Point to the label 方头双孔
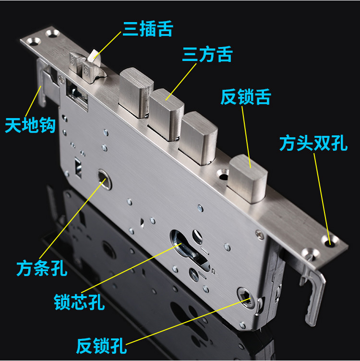314,143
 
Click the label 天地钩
30,126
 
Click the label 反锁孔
100,345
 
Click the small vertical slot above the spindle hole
77,166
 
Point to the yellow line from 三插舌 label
108,48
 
